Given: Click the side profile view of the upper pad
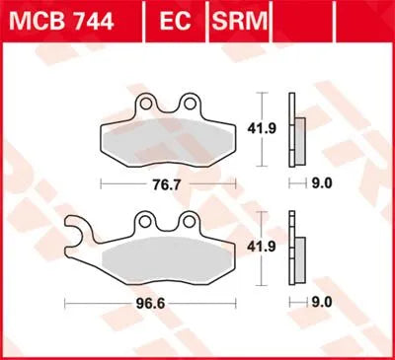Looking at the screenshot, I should coord(293,128).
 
